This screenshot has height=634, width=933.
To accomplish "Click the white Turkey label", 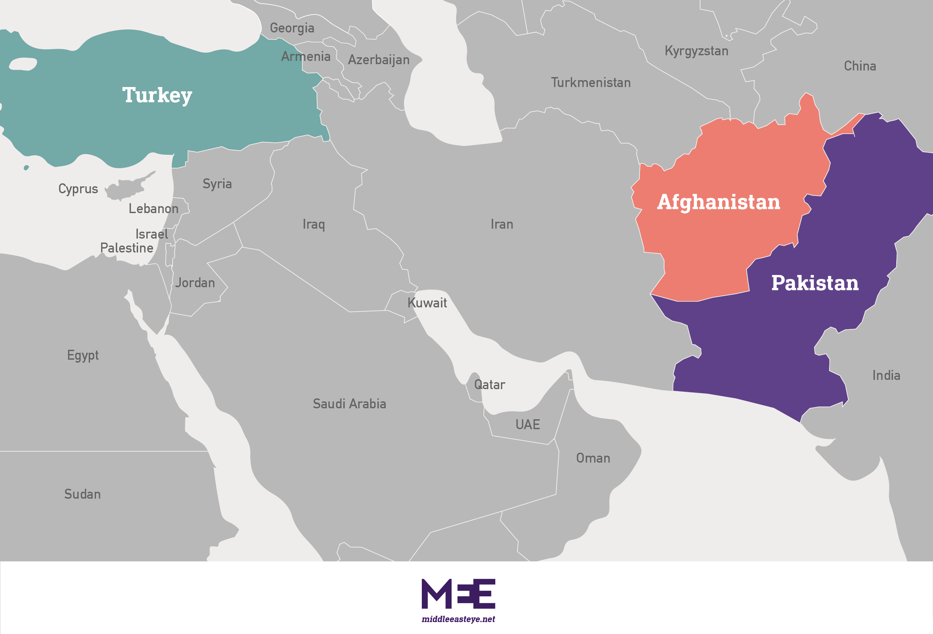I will pos(157,96).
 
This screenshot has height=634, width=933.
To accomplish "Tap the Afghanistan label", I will pos(718,202).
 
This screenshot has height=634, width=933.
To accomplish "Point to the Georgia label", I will pos(292,28).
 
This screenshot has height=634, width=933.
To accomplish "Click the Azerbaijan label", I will pos(378,60).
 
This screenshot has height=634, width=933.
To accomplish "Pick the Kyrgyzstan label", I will pos(696,51).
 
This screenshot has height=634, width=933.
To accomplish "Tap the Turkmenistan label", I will pos(591,83).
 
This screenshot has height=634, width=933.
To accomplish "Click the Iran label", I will pos(502,224).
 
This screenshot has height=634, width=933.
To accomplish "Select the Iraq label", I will pos(314,224).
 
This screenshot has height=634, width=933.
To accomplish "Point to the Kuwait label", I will pos(427,303).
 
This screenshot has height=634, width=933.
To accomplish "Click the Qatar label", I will pos(489,385).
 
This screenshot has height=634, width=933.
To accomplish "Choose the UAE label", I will pos(527,425).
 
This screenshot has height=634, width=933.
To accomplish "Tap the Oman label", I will pos(593,458).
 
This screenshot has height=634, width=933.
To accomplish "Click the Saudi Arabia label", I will pos(349,404).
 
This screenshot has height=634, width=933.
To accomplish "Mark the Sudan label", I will pos(82,494).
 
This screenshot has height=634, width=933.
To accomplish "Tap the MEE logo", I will pos(458,594).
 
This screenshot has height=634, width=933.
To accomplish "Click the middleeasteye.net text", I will pos(458,619).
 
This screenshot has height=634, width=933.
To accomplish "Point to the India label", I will pos(886,376).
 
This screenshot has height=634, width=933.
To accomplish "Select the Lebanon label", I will pos(153,209).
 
